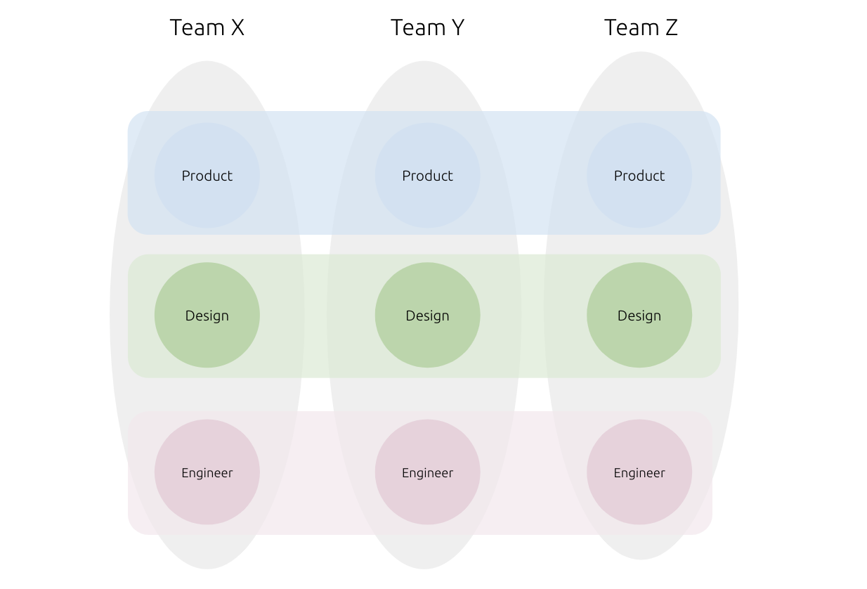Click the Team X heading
[207, 27]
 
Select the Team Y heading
[427, 27]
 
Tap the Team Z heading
[641, 27]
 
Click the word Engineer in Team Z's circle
[639, 473]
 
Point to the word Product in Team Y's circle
[427, 176]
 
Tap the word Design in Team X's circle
[207, 316]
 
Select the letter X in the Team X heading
[237, 27]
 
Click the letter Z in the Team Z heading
[670, 27]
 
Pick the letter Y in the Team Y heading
[457, 27]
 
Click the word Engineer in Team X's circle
[207, 473]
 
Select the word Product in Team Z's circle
[639, 176]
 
